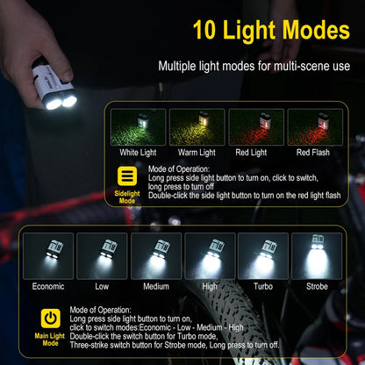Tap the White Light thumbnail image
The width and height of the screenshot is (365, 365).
click(139, 127)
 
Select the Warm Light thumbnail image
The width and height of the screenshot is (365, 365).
click(197, 127)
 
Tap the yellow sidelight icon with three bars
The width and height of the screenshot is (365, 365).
click(127, 177)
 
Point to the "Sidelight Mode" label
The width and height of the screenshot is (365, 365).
click(127, 196)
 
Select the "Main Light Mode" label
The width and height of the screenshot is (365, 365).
click(51, 339)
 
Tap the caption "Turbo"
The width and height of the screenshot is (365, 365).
click(263, 287)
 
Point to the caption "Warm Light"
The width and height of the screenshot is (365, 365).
click(197, 153)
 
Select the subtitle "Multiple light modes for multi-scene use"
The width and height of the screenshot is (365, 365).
click(254, 66)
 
